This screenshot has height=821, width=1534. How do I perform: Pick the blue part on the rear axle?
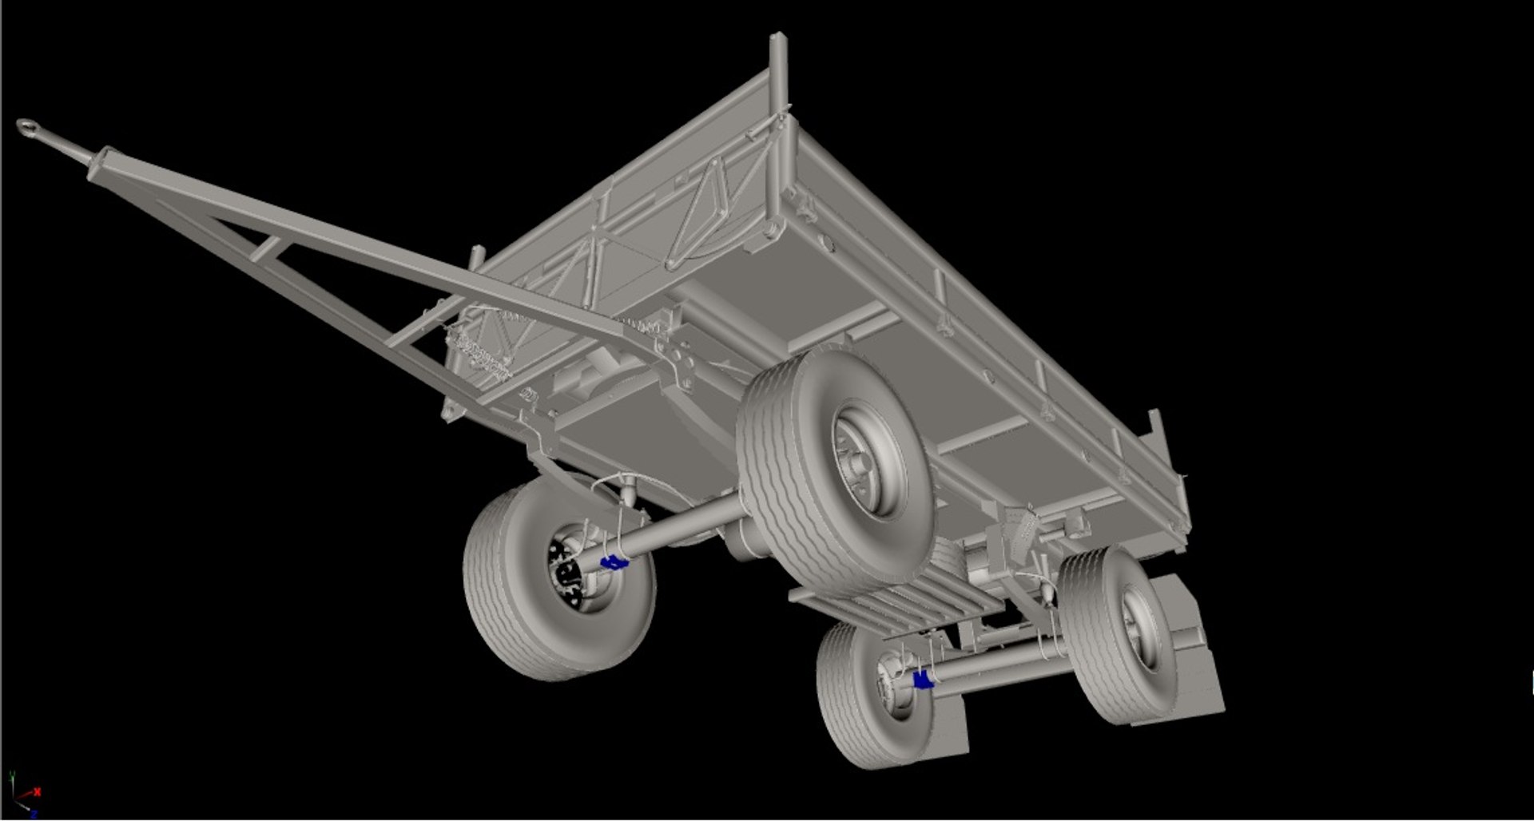[923, 680]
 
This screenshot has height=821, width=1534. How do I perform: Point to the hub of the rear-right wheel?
[1136, 623]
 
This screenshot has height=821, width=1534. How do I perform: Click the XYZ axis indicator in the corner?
[22, 795]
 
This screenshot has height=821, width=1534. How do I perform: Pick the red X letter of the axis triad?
[37, 791]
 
